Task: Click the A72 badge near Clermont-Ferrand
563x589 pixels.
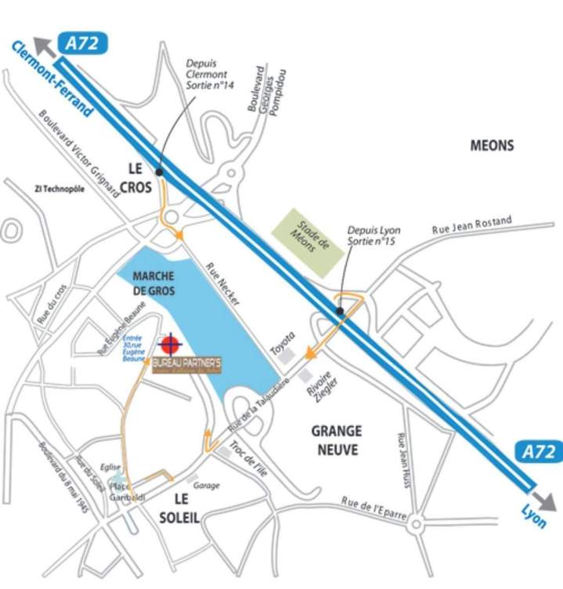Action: tap(81, 44)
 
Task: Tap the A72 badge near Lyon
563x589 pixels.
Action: tap(539, 452)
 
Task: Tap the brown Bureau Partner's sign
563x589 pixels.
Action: tap(187, 365)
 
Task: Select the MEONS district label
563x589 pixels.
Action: tap(492, 146)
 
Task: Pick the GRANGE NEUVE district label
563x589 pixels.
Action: tap(336, 440)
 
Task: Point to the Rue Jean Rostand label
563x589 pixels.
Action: tap(471, 226)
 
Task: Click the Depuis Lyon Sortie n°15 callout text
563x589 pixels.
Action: tap(374, 236)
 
